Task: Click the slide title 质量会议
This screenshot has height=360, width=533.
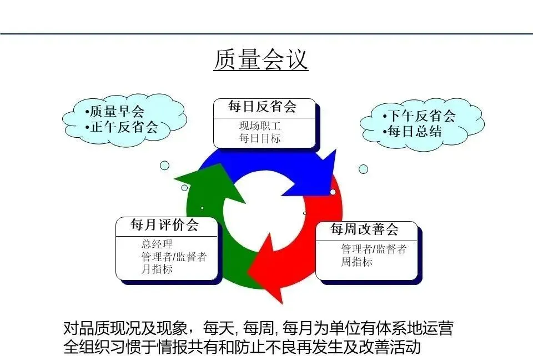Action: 260,60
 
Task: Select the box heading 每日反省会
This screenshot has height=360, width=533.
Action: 263,107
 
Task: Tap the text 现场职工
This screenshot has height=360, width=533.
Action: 260,126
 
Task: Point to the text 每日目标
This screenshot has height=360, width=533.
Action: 260,139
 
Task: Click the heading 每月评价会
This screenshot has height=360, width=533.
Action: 165,225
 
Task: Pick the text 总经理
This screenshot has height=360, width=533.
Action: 157,244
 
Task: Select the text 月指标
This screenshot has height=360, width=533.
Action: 157,269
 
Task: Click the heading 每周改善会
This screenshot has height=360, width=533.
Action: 365,229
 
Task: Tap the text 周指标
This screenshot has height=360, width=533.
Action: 356,262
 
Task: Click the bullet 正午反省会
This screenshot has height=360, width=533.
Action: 124,127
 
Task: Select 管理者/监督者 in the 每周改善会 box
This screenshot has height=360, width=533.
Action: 374,249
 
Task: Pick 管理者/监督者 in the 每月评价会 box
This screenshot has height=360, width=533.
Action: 174,257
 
